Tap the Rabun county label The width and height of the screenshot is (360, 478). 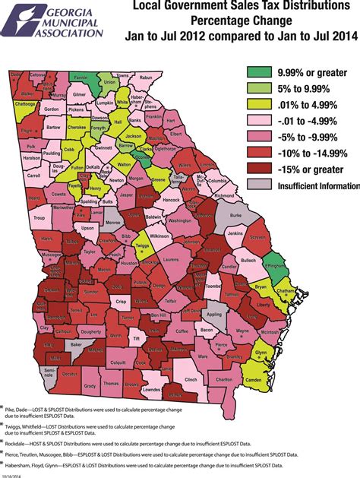(x=146, y=78)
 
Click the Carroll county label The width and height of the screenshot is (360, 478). (x=33, y=175)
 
